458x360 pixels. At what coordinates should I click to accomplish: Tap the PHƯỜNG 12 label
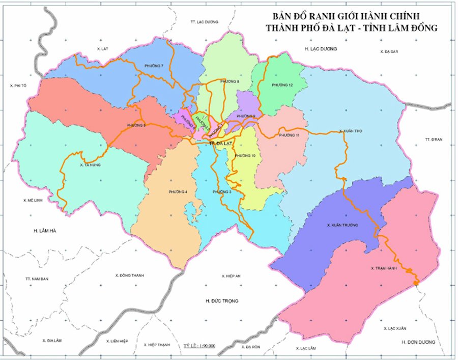tap(282, 85)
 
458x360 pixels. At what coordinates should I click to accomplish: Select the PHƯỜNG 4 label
tap(178, 191)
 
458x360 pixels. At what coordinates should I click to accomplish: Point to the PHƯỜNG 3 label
tap(222, 191)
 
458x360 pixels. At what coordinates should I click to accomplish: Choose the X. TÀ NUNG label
tap(90, 165)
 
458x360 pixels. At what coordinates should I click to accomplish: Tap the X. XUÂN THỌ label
tap(350, 131)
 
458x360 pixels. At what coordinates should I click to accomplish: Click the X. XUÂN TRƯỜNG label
tap(342, 225)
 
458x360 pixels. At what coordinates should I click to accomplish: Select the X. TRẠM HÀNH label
tap(384, 268)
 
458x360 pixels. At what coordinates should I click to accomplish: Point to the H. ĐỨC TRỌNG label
tap(222, 301)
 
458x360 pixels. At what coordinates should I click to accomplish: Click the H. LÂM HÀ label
tap(45, 231)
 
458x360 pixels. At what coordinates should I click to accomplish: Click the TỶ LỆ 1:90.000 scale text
tap(199, 346)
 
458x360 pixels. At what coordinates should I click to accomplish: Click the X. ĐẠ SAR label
tap(389, 52)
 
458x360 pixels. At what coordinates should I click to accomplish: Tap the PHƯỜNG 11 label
tap(290, 135)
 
